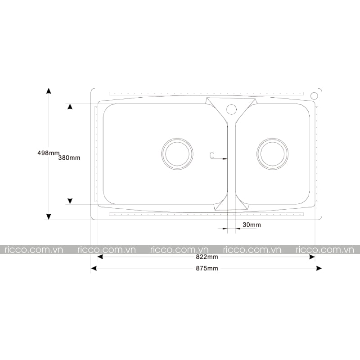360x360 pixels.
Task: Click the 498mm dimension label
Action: click(x=49, y=153)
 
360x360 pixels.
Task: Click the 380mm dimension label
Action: click(x=69, y=158)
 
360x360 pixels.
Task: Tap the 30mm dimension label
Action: click(x=252, y=225)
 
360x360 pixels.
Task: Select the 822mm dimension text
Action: click(x=207, y=256)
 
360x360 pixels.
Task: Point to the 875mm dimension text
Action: click(x=207, y=268)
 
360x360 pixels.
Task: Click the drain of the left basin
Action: click(x=177, y=154)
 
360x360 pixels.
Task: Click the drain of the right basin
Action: click(x=273, y=154)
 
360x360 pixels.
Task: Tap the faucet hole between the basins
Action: click(x=231, y=109)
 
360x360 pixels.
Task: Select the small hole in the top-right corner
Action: click(x=314, y=96)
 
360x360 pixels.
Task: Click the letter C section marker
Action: click(x=212, y=155)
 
